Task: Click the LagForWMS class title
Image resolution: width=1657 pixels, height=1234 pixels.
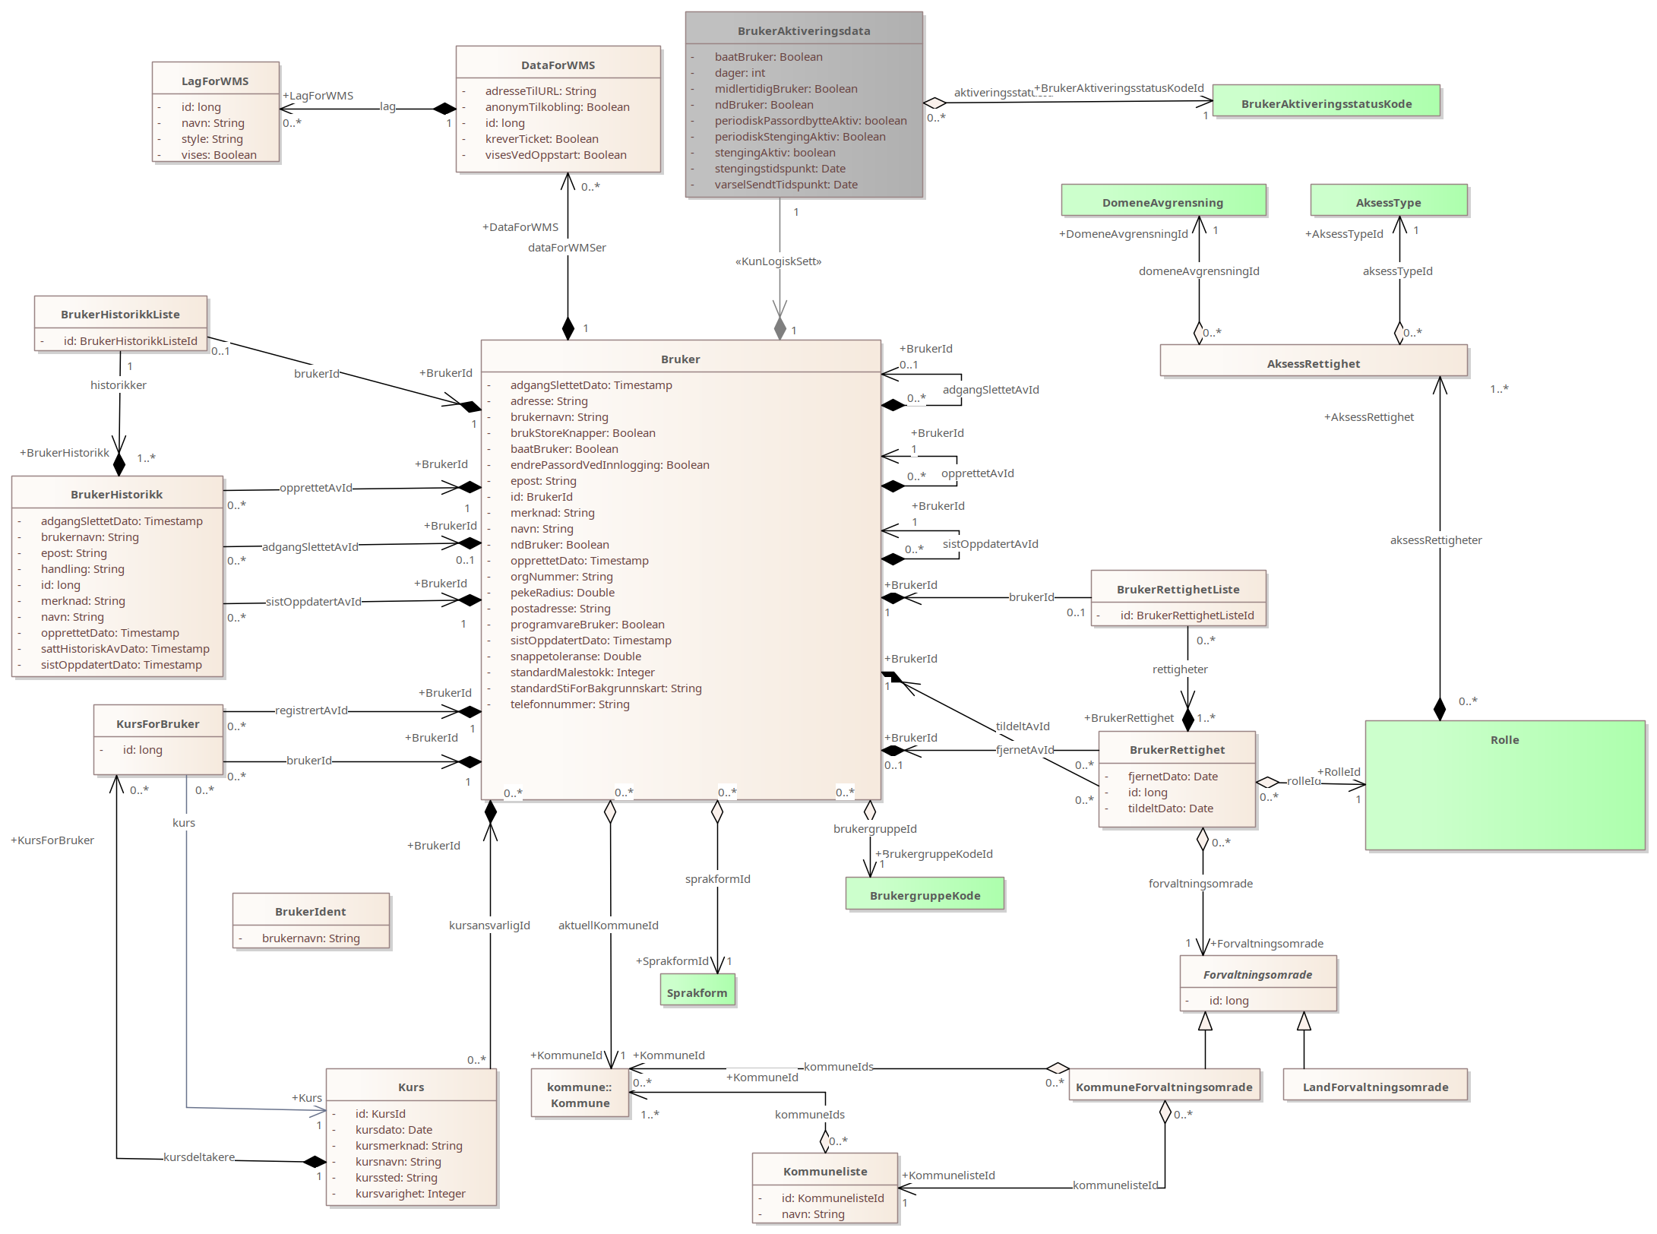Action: point(215,81)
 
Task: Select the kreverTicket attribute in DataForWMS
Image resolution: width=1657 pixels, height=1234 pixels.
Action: point(541,139)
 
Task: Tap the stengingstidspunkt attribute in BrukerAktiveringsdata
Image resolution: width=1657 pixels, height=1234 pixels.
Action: point(779,169)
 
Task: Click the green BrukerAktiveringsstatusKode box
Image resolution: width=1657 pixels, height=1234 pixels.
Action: point(1326,103)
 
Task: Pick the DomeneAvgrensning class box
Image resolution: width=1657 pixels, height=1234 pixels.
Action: point(1162,202)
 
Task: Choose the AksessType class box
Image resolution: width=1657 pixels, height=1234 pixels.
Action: point(1388,202)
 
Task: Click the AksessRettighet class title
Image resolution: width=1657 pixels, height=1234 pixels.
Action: point(1313,364)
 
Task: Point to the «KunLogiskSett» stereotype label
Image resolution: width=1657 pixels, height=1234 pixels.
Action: point(778,261)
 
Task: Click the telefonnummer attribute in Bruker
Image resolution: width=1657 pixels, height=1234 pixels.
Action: point(569,704)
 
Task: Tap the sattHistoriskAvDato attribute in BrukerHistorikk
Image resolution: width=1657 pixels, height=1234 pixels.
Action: point(125,649)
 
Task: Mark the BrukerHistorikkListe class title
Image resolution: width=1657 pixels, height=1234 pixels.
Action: point(120,315)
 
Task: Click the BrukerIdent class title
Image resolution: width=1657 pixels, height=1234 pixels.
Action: point(310,912)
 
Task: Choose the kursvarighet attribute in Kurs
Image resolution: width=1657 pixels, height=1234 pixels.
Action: point(410,1194)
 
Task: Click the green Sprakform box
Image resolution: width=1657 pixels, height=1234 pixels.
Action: point(697,992)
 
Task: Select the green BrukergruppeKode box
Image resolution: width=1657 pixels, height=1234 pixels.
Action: point(925,896)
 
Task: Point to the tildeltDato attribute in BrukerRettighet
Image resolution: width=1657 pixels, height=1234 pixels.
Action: point(1170,808)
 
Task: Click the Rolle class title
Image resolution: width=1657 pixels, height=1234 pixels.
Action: point(1504,740)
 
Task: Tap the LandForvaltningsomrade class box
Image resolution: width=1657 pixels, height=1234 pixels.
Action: point(1375,1087)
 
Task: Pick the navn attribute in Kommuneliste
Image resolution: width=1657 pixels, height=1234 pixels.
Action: point(813,1214)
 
